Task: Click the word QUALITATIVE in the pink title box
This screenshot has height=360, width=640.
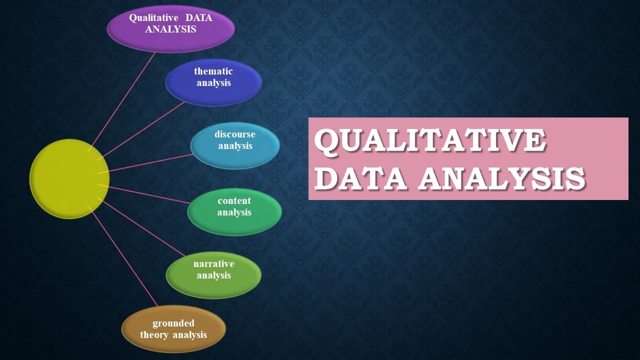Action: click(x=430, y=141)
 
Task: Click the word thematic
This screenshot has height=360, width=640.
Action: click(x=213, y=71)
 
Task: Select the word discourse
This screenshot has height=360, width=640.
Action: click(x=235, y=134)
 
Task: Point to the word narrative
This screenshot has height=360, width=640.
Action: click(x=213, y=263)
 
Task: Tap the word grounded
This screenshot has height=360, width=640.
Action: click(x=173, y=323)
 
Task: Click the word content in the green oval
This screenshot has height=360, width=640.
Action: click(x=234, y=200)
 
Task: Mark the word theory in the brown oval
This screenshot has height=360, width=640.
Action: click(x=154, y=334)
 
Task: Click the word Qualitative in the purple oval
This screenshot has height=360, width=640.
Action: click(x=153, y=17)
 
